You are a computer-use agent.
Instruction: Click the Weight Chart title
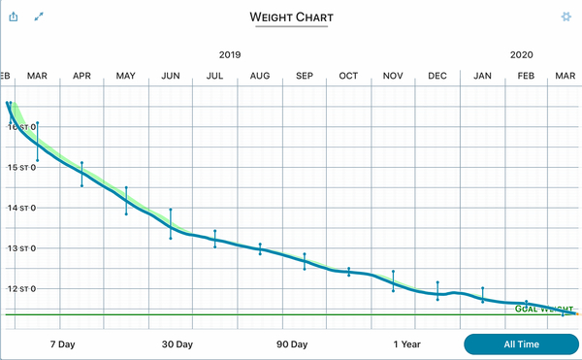pyautogui.click(x=291, y=17)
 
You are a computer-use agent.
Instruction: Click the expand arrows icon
pyautogui.click(x=40, y=16)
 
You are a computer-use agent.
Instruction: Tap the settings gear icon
pyautogui.click(x=566, y=16)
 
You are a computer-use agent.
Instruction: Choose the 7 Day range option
pyautogui.click(x=62, y=344)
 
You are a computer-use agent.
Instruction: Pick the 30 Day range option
pyautogui.click(x=178, y=344)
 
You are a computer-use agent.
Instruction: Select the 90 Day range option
pyautogui.click(x=292, y=344)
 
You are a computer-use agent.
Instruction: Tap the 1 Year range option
pyautogui.click(x=406, y=344)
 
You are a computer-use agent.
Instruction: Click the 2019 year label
pyautogui.click(x=230, y=55)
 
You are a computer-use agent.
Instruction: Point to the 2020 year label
pyautogui.click(x=521, y=55)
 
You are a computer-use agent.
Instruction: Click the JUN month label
pyautogui.click(x=171, y=76)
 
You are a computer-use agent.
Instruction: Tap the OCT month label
pyautogui.click(x=348, y=76)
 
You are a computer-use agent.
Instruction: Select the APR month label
pyautogui.click(x=81, y=76)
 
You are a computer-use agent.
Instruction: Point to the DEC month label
pyautogui.click(x=437, y=76)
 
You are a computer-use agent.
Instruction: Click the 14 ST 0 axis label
pyautogui.click(x=21, y=208)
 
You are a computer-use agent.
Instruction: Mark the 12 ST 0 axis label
pyautogui.click(x=21, y=289)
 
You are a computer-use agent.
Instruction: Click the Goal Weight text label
pyautogui.click(x=538, y=309)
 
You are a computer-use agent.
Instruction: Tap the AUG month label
pyautogui.click(x=260, y=76)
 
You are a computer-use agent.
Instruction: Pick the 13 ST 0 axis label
pyautogui.click(x=21, y=248)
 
